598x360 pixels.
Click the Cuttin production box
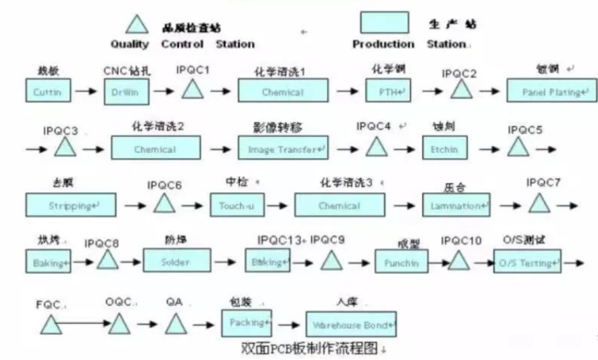(48, 91)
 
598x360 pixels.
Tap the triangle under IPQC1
(193, 89)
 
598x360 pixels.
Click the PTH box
(388, 91)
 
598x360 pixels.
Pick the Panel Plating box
(551, 91)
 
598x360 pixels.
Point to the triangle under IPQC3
(65, 147)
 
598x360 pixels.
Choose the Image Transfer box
(283, 148)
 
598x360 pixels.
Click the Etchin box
(444, 148)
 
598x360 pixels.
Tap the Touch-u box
(236, 205)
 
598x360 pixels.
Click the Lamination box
(456, 205)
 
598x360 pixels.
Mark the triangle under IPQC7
(539, 204)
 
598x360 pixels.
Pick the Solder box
(177, 261)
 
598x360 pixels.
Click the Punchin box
(401, 262)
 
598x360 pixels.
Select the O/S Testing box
(527, 261)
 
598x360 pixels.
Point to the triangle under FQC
(51, 324)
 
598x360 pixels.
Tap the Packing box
(246, 322)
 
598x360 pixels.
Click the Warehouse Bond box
(351, 325)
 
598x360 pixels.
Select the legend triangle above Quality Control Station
(137, 25)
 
